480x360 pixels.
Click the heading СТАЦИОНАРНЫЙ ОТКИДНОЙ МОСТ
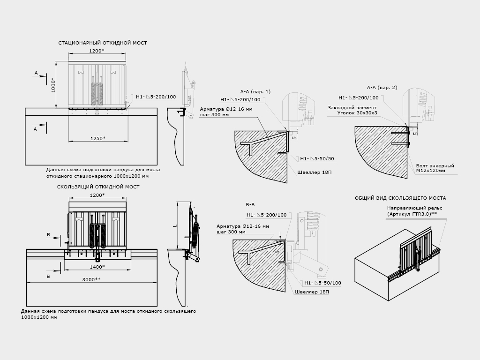[x=102, y=43]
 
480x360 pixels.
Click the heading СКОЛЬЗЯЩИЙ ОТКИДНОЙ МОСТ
[x=98, y=187]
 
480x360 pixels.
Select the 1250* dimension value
[x=97, y=138]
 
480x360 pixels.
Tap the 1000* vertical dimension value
[x=52, y=86]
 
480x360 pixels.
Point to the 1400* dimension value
[x=97, y=267]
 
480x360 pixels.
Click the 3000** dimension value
[x=91, y=279]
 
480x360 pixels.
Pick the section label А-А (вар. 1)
[x=255, y=91]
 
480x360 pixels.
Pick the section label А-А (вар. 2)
[x=382, y=87]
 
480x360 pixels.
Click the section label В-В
[x=250, y=205]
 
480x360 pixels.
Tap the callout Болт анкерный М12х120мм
[x=435, y=168]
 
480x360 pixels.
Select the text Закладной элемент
[x=352, y=107]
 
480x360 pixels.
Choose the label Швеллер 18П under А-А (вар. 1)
[x=314, y=172]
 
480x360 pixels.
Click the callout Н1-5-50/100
[x=322, y=283]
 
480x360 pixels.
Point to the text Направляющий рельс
[x=414, y=208]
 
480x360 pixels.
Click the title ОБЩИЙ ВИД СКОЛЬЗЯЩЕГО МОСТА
[x=400, y=198]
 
